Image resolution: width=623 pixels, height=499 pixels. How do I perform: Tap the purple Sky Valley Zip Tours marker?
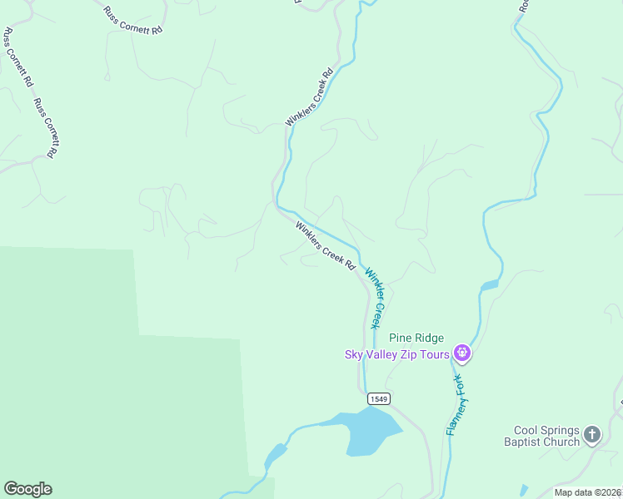click(463, 354)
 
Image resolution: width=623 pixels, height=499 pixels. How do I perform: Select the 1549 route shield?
click(377, 399)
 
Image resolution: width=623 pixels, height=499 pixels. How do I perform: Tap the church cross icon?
click(592, 434)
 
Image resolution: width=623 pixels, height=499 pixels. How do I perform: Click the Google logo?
click(27, 489)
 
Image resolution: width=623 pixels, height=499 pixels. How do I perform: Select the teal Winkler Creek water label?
click(376, 296)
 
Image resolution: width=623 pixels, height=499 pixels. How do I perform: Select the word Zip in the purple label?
click(409, 354)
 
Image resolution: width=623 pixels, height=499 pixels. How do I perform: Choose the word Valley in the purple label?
click(382, 354)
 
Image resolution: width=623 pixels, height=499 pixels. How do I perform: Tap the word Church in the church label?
click(561, 442)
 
